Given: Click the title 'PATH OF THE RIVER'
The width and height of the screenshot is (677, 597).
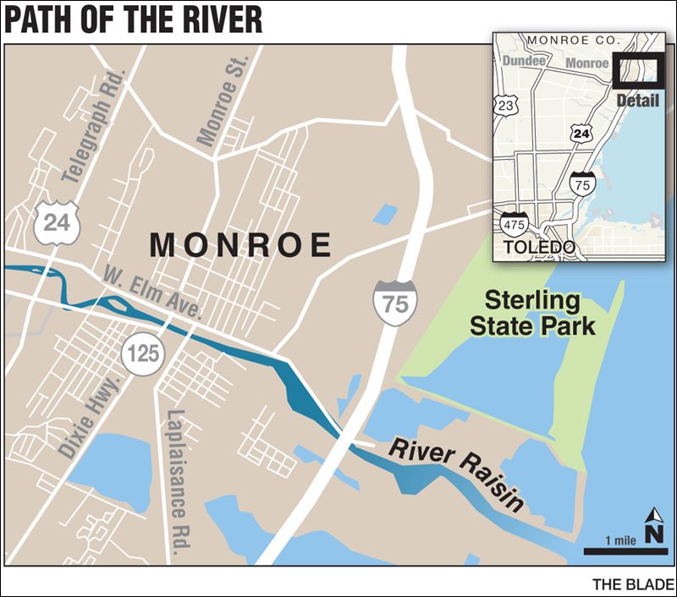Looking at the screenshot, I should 133,19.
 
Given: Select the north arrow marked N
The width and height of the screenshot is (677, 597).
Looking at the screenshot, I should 654,529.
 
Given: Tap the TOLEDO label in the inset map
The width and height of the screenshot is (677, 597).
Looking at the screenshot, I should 540,247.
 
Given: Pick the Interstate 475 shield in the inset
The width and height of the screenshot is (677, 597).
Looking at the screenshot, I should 514,224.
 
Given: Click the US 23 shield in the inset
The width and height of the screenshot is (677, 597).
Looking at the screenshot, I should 506,105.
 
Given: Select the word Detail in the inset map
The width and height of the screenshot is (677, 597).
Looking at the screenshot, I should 637,100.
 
